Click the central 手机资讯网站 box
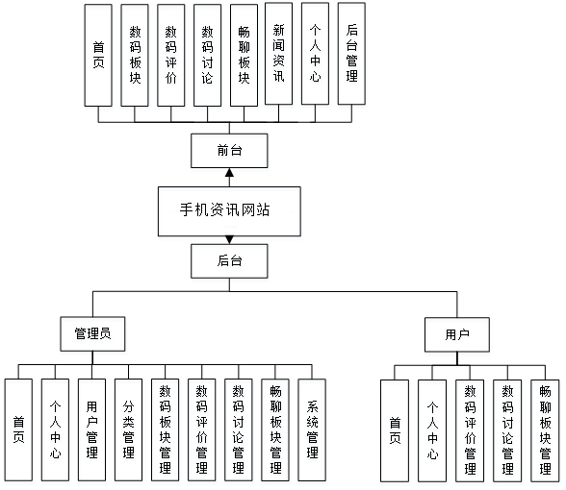pos(229,211)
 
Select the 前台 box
pos(229,151)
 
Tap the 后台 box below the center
pos(229,261)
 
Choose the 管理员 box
pos(92,334)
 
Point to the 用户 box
pos(457,334)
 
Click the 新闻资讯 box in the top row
pos(279,54)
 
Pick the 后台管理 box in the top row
pos(351,54)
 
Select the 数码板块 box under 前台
pos(135,55)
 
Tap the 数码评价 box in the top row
pos(171,55)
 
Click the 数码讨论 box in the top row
pos(208,55)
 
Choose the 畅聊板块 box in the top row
pos(244,55)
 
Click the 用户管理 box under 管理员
pos(92,429)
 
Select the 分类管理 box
pos(129,429)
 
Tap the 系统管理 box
pos(312,429)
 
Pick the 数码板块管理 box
pos(166,429)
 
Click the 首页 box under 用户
pos(395,430)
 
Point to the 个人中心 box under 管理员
pos(55,429)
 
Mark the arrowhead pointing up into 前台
pos(229,172)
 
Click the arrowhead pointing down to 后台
pos(229,240)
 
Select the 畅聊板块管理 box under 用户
pos(545,430)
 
